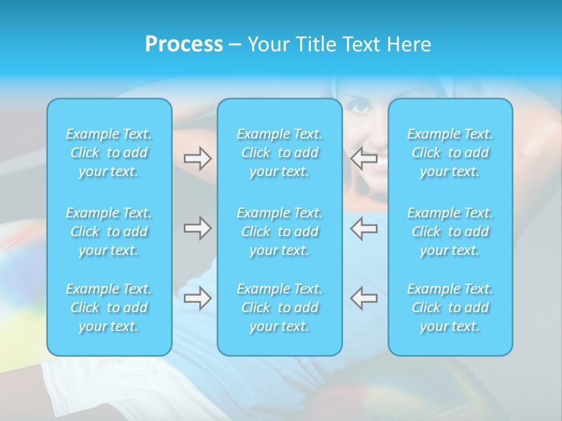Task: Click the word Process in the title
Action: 183,44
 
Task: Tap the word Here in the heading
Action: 409,44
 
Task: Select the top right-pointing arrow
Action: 197,158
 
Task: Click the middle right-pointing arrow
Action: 197,228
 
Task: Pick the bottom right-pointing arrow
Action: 197,298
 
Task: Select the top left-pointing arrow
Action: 364,158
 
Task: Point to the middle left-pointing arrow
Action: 364,228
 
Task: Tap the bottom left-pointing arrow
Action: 364,298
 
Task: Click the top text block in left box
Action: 109,153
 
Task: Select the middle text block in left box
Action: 109,232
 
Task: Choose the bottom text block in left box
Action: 109,308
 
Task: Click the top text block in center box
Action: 280,153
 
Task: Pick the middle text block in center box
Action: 280,232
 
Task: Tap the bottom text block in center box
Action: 280,308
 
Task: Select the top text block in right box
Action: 450,153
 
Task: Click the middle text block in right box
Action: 450,232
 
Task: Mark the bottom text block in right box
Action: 450,308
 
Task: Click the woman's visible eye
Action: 361,108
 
